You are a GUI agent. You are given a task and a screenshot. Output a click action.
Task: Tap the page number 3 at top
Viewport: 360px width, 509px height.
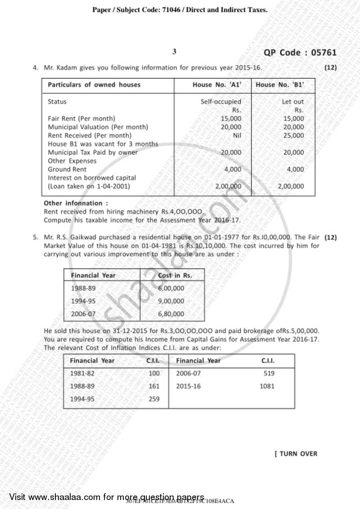(x=175, y=52)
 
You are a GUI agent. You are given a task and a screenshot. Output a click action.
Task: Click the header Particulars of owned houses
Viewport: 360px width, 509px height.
(x=94, y=85)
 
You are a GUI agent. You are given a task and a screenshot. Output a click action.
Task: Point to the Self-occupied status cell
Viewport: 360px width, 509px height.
(x=220, y=102)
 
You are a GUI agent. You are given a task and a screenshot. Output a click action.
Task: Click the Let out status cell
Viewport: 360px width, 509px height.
(x=292, y=102)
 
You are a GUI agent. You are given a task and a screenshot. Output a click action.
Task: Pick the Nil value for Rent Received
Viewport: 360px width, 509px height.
(x=237, y=135)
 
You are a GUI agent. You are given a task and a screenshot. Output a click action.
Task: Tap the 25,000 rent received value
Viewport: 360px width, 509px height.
(x=294, y=135)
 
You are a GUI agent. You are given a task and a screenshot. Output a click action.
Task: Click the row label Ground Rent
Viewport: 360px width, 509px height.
(x=67, y=169)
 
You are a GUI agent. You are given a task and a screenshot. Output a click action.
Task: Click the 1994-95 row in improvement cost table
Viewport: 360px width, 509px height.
(x=83, y=301)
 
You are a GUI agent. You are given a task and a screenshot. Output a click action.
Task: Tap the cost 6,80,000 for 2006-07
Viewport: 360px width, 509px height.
(x=171, y=314)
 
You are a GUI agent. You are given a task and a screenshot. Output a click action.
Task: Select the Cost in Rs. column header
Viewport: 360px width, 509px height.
(x=175, y=275)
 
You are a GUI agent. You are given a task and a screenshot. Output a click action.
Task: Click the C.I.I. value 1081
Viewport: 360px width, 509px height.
(x=267, y=386)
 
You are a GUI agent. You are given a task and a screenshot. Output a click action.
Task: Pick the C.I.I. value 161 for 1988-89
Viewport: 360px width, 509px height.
(x=154, y=386)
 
